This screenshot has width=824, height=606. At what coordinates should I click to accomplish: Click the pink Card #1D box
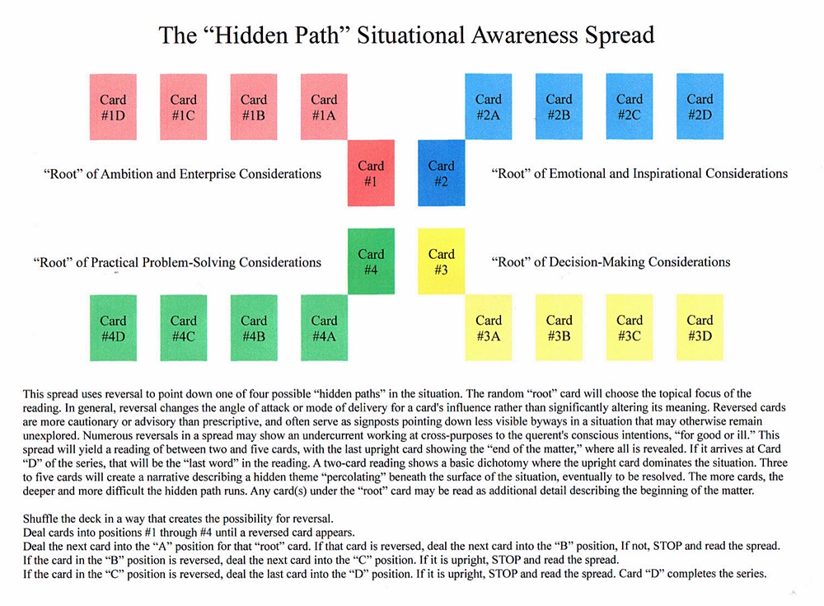[x=113, y=107]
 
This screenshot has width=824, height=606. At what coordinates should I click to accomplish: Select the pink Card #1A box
[x=324, y=107]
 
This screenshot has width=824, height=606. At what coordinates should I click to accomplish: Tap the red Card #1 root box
[x=371, y=173]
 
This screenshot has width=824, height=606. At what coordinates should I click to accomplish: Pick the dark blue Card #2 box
[x=442, y=173]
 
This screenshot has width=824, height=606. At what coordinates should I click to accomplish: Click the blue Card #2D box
[x=700, y=107]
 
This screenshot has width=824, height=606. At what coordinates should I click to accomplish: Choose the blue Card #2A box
[x=489, y=107]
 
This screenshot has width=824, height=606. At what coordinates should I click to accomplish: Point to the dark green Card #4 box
[x=371, y=261]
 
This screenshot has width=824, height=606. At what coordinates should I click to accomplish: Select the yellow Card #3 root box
[x=442, y=261]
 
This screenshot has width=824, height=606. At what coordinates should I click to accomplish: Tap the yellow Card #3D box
[x=700, y=327]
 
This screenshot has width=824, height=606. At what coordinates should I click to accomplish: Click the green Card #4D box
[x=113, y=327]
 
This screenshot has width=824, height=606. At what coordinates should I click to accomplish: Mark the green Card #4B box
[x=254, y=327]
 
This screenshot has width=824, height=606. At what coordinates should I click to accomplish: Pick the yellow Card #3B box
[x=559, y=327]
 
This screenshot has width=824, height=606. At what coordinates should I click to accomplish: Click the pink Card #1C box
[x=183, y=107]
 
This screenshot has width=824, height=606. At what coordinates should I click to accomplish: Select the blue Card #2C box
[x=630, y=107]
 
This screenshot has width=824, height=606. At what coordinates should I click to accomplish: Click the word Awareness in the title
[x=515, y=35]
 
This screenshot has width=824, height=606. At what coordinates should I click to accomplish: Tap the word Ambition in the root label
[x=124, y=174]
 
